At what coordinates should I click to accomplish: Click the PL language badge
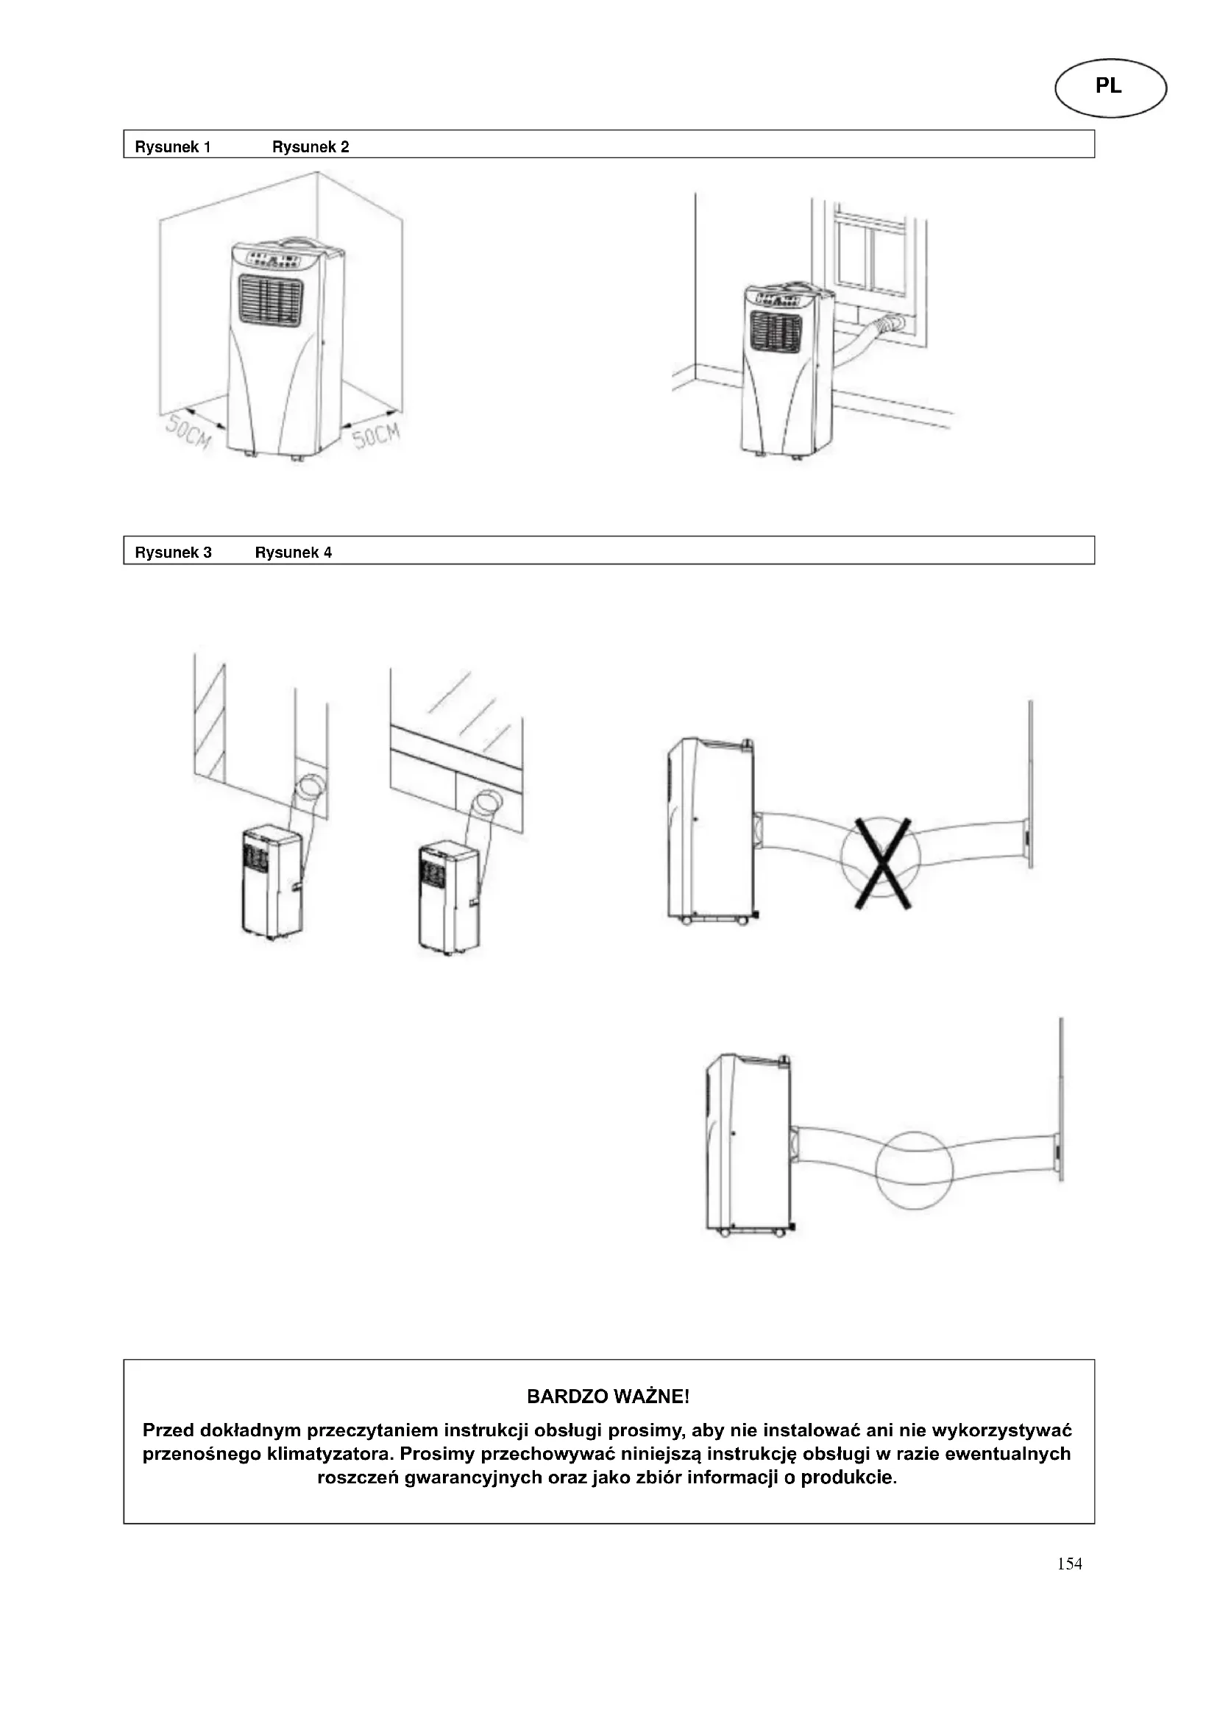point(1110,87)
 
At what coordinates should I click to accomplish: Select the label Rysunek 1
point(172,147)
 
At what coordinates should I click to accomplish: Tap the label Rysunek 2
point(311,147)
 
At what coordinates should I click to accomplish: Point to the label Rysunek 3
point(173,553)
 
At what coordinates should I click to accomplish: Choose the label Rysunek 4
point(293,553)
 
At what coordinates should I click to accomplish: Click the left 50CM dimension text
point(188,433)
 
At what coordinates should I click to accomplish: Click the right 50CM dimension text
point(376,434)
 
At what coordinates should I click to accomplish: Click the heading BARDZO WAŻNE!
point(608,1396)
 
